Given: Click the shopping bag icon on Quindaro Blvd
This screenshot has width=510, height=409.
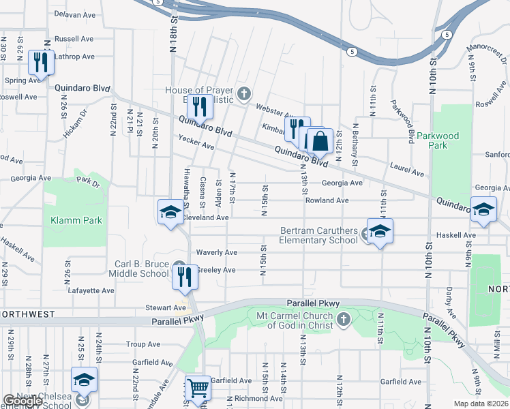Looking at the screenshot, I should [x=320, y=142].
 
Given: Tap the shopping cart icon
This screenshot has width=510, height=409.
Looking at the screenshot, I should [x=198, y=389].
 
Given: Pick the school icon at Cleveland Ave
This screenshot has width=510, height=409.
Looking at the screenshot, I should [x=170, y=212].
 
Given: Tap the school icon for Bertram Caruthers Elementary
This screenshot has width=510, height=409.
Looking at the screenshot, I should [x=380, y=230].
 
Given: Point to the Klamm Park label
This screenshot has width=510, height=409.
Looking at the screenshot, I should [x=76, y=220].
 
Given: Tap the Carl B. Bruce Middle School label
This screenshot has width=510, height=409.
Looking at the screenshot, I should [x=141, y=269].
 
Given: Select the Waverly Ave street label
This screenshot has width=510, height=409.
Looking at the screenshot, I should [x=216, y=252].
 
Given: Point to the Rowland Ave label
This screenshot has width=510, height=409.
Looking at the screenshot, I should [x=327, y=200].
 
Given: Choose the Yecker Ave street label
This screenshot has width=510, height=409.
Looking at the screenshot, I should [x=196, y=147].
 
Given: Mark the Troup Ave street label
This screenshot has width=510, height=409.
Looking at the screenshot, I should [x=142, y=345].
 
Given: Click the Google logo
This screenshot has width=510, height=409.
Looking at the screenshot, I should [x=22, y=401].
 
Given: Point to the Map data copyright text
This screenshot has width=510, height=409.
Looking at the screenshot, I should [x=481, y=404].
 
